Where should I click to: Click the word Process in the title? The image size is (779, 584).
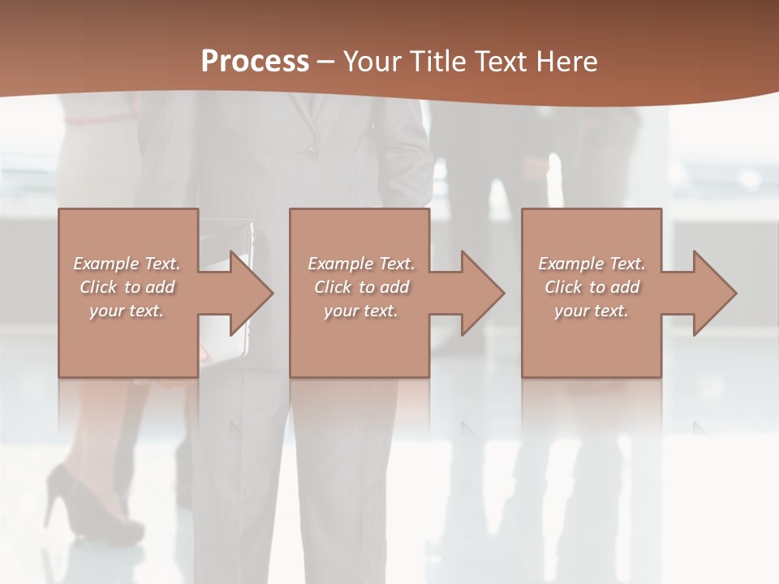pyautogui.click(x=255, y=62)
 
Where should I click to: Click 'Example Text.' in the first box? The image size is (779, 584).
pyautogui.click(x=127, y=264)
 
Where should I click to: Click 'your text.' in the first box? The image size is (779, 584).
pyautogui.click(x=127, y=311)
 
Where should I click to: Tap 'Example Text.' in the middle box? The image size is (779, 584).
pyautogui.click(x=361, y=264)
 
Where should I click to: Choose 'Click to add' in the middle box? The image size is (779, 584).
pyautogui.click(x=361, y=287)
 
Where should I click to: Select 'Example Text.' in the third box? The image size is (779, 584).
pyautogui.click(x=592, y=264)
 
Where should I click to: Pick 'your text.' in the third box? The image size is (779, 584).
pyautogui.click(x=592, y=311)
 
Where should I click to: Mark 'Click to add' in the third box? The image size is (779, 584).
pyautogui.click(x=592, y=287)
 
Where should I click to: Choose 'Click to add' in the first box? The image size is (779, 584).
pyautogui.click(x=127, y=287)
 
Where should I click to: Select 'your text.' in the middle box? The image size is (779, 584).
pyautogui.click(x=361, y=311)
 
